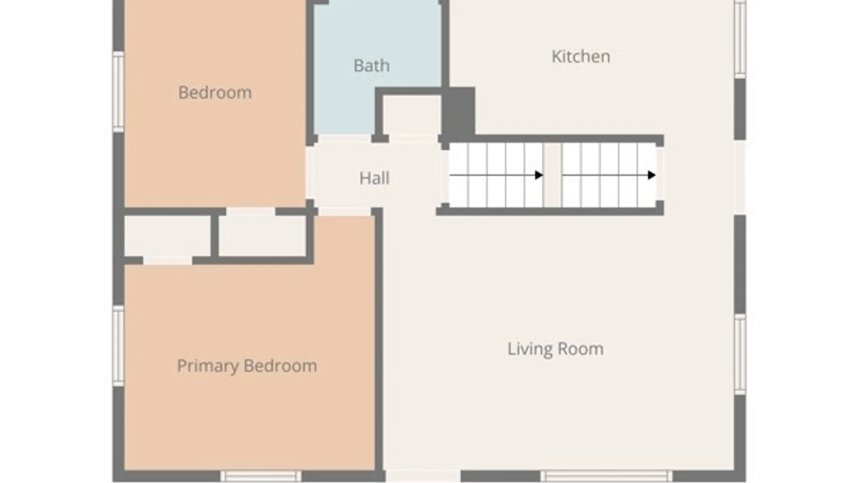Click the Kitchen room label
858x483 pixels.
coord(580,57)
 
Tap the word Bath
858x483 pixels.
coord(371,66)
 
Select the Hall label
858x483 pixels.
coord(374,178)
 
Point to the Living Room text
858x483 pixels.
coord(555,349)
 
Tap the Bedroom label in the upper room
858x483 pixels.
coord(214,93)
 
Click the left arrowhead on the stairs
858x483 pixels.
coord(539,175)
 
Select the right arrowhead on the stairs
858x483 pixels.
coord(652,175)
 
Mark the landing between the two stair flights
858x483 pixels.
coord(553,175)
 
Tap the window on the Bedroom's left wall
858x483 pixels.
coord(118,92)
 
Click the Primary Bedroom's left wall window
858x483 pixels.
coord(118,346)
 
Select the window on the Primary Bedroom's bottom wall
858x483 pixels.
coord(261,476)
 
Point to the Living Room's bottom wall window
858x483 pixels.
coord(606,476)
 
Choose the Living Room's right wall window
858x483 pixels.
coord(740,354)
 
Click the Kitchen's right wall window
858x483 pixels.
coord(740,39)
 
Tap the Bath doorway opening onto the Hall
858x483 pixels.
coord(344,139)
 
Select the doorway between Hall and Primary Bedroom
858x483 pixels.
coord(345,212)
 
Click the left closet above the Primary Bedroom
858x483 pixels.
coord(167,236)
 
